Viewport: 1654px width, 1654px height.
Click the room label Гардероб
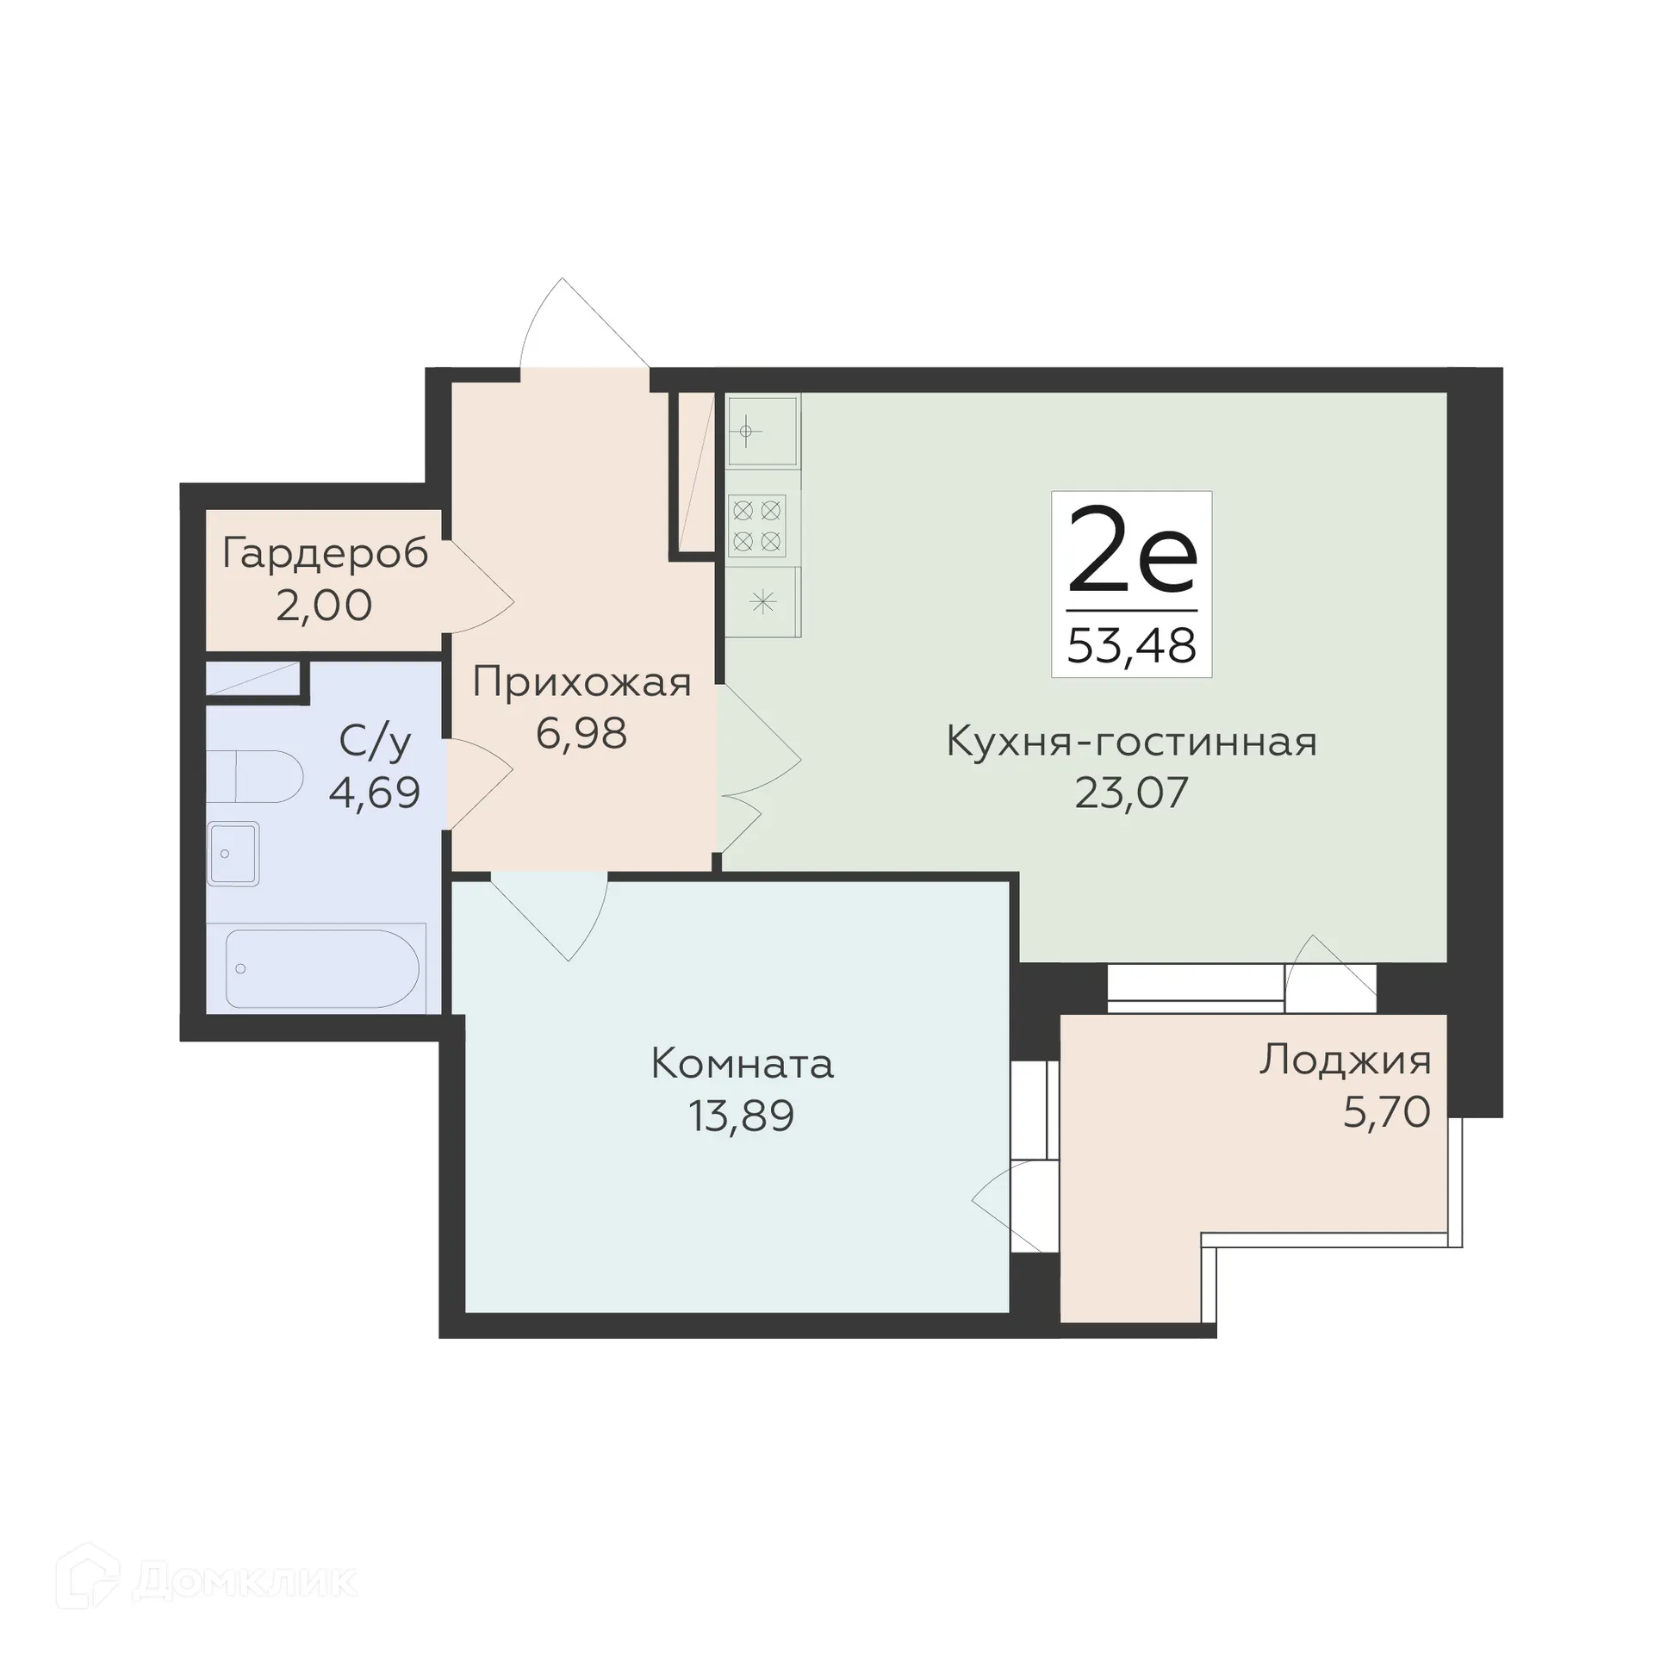325,554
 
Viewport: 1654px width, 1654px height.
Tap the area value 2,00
324,606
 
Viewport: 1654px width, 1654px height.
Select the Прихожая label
581,682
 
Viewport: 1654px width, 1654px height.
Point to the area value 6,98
581,734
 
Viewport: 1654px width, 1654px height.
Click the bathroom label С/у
375,741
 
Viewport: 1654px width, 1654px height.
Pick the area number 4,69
375,793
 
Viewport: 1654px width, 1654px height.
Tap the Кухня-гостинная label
1131,741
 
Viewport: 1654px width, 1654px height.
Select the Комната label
742,1064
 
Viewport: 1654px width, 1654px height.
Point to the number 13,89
741,1116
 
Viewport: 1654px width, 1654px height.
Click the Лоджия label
1345,1060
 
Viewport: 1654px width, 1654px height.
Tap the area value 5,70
1386,1112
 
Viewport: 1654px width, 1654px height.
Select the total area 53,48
1131,645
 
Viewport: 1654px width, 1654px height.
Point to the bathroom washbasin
233,854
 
